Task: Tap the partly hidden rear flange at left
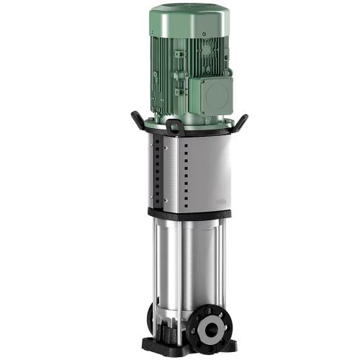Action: pos(153,317)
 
